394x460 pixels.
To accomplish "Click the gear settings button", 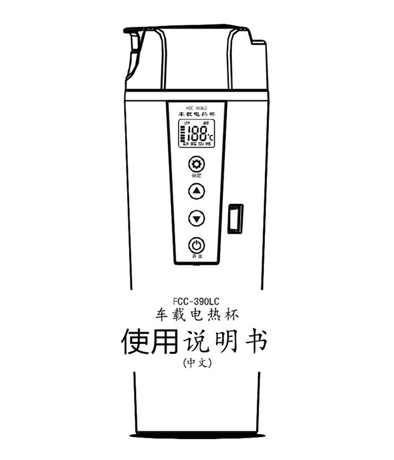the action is pos(197,164).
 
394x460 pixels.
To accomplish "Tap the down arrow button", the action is pos(197,219).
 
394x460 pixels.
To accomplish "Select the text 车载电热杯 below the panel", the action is pos(197,315).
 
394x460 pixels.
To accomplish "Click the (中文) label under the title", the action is pos(196,363).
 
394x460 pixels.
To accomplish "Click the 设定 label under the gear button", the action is pos(197,175).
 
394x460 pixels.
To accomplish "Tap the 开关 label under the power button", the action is pos(197,256).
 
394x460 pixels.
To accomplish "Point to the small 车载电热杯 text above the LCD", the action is pos(197,115).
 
